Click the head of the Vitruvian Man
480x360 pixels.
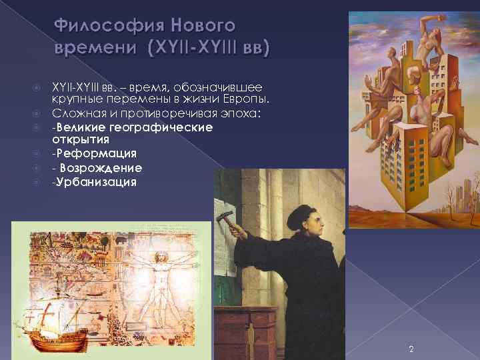(x=160, y=256)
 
